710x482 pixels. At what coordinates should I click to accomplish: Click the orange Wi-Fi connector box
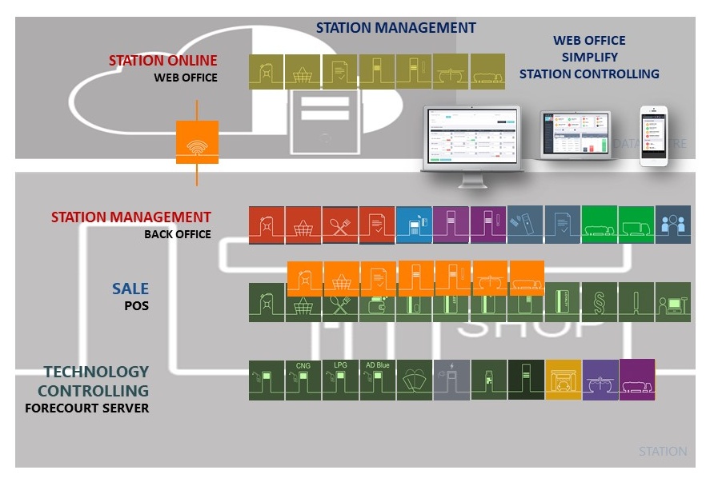click(x=197, y=142)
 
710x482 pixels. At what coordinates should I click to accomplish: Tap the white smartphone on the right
click(x=653, y=136)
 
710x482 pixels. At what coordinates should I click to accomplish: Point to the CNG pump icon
click(x=303, y=380)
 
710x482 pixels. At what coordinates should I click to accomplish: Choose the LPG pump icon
click(x=340, y=380)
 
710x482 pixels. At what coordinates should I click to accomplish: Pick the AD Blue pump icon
click(x=377, y=380)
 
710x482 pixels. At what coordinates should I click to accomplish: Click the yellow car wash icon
click(x=563, y=380)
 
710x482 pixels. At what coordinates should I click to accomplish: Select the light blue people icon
click(x=672, y=225)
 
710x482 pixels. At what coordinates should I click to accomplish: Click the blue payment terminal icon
click(x=414, y=225)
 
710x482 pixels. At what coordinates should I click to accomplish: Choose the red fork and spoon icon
click(x=340, y=225)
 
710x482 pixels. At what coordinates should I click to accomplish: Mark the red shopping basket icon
click(x=303, y=225)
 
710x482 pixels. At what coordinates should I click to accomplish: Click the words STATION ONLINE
click(x=162, y=61)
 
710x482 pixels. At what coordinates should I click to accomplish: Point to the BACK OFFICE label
click(x=178, y=234)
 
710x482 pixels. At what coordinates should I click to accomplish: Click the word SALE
click(x=130, y=289)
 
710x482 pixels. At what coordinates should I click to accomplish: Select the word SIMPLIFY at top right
click(x=589, y=57)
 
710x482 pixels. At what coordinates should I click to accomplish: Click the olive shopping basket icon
click(x=303, y=71)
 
